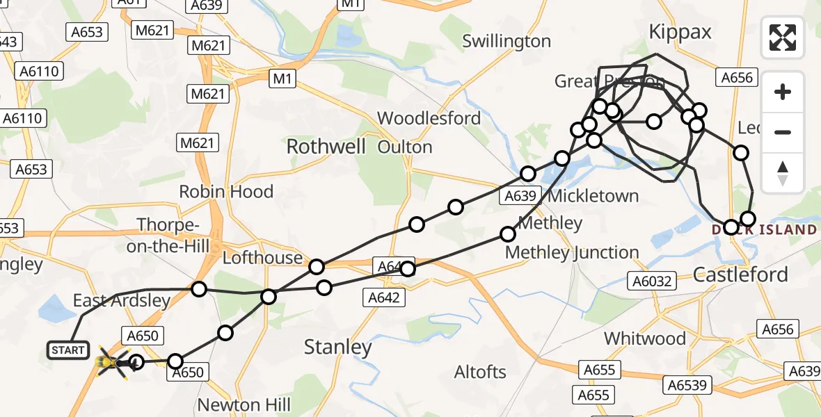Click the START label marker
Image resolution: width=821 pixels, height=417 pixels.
pyautogui.click(x=68, y=350)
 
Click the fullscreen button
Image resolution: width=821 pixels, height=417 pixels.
pyautogui.click(x=783, y=37)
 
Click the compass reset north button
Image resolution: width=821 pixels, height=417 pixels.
pyautogui.click(x=783, y=173)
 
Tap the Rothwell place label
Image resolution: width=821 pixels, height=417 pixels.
pyautogui.click(x=326, y=147)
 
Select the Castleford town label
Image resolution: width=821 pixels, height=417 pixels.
pyautogui.click(x=740, y=275)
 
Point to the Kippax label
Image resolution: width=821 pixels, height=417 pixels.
pyautogui.click(x=680, y=32)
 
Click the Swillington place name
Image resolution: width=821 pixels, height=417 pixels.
pyautogui.click(x=507, y=42)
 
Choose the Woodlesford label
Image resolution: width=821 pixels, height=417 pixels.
pyautogui.click(x=429, y=118)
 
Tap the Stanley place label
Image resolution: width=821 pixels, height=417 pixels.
pyautogui.click(x=339, y=347)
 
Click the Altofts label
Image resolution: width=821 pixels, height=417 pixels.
pyautogui.click(x=480, y=372)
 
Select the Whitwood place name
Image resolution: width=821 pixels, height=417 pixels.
pyautogui.click(x=644, y=339)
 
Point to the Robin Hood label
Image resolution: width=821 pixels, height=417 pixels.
pyautogui.click(x=226, y=192)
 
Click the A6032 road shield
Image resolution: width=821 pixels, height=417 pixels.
pyautogui.click(x=650, y=280)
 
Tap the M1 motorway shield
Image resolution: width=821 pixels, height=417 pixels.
pyautogui.click(x=282, y=79)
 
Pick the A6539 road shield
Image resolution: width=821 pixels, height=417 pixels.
pyautogui.click(x=687, y=384)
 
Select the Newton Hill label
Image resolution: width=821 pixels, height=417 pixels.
pyautogui.click(x=239, y=405)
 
